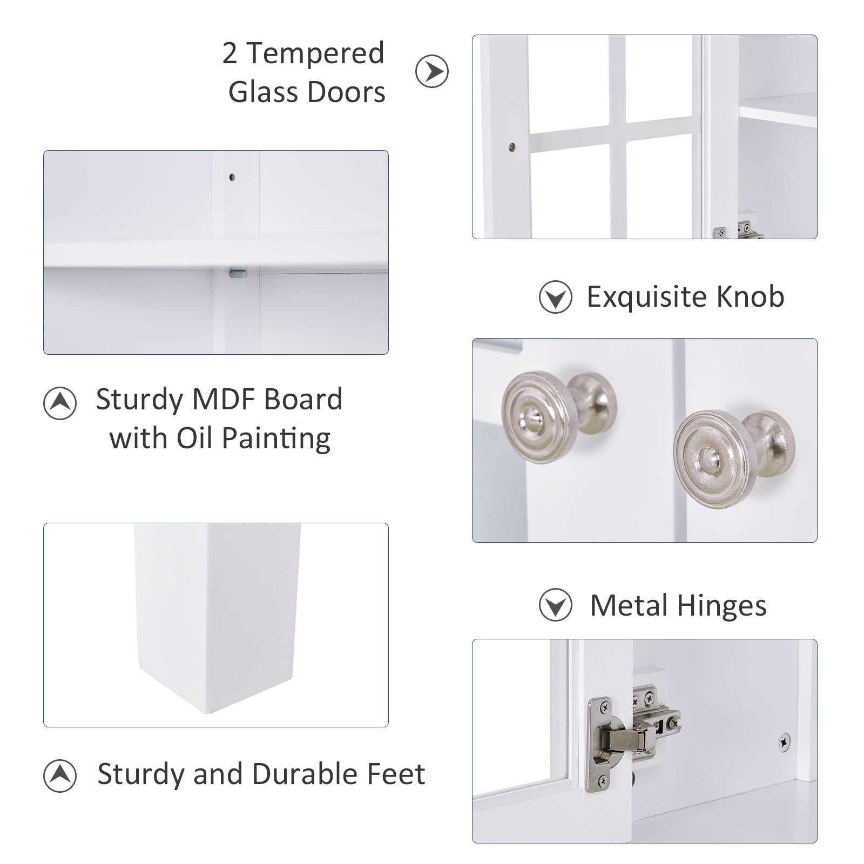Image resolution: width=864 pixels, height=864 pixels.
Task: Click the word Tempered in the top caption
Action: (315, 53)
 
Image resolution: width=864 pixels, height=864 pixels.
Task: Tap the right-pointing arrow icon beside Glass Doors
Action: (432, 71)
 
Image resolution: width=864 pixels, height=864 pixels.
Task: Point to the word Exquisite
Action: (647, 297)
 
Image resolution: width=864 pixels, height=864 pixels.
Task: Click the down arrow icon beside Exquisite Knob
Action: (555, 297)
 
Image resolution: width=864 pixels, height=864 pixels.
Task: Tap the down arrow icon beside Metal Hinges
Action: (555, 606)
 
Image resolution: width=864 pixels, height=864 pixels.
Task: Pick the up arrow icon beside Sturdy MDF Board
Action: (60, 403)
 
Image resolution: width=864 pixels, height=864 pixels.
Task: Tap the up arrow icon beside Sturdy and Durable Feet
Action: (60, 776)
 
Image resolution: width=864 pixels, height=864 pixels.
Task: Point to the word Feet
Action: (396, 773)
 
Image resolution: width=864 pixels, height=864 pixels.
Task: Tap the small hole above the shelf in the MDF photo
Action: (232, 177)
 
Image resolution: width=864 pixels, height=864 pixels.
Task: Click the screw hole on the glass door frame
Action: (512, 146)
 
